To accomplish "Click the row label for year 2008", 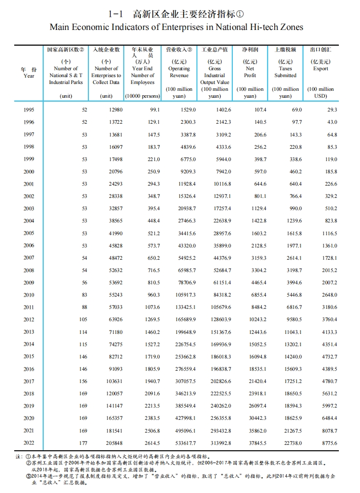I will (x=28, y=270).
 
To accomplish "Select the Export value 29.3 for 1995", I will (x=332, y=110).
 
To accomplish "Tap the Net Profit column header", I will (x=250, y=69).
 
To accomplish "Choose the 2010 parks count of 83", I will (x=83, y=295).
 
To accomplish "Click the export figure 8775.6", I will (x=329, y=443).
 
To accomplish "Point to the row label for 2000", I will (x=28, y=171).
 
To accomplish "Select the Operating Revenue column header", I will (x=179, y=69).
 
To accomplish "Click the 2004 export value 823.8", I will (x=330, y=221).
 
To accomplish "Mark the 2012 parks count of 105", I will (x=83, y=320).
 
